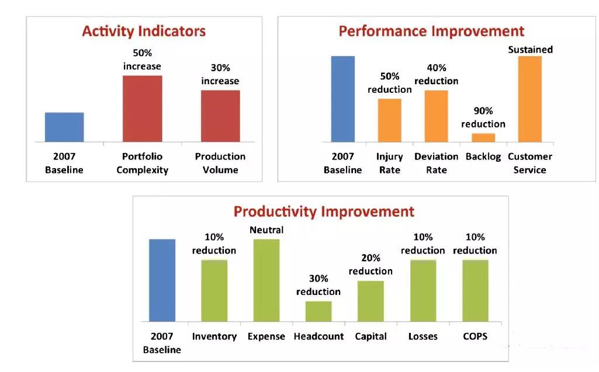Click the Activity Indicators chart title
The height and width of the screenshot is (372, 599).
tap(144, 31)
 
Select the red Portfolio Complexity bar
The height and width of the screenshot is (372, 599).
tap(142, 109)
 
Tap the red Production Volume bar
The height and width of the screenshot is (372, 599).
tap(220, 116)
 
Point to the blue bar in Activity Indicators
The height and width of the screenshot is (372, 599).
tap(64, 127)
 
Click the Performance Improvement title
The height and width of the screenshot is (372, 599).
tap(431, 31)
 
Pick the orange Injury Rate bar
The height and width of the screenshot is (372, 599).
tap(389, 120)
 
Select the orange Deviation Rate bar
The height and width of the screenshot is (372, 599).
tap(436, 116)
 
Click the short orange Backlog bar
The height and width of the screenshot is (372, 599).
tap(483, 137)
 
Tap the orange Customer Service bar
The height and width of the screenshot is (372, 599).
tap(529, 99)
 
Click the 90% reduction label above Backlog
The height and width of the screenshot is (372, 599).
tap(483, 117)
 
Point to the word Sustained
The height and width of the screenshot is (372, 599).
tap(530, 50)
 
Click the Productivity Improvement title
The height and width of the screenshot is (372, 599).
tap(324, 211)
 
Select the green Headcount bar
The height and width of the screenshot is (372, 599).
tap(318, 311)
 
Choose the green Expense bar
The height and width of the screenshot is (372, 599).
tap(266, 280)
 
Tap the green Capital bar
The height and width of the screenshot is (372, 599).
tap(371, 301)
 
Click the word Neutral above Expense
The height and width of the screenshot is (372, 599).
tap(266, 230)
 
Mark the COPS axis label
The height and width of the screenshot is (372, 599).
tap(475, 336)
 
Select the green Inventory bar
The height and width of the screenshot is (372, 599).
tap(214, 290)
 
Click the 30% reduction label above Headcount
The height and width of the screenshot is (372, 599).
tap(318, 285)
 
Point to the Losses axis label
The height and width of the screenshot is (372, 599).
tap(423, 336)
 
